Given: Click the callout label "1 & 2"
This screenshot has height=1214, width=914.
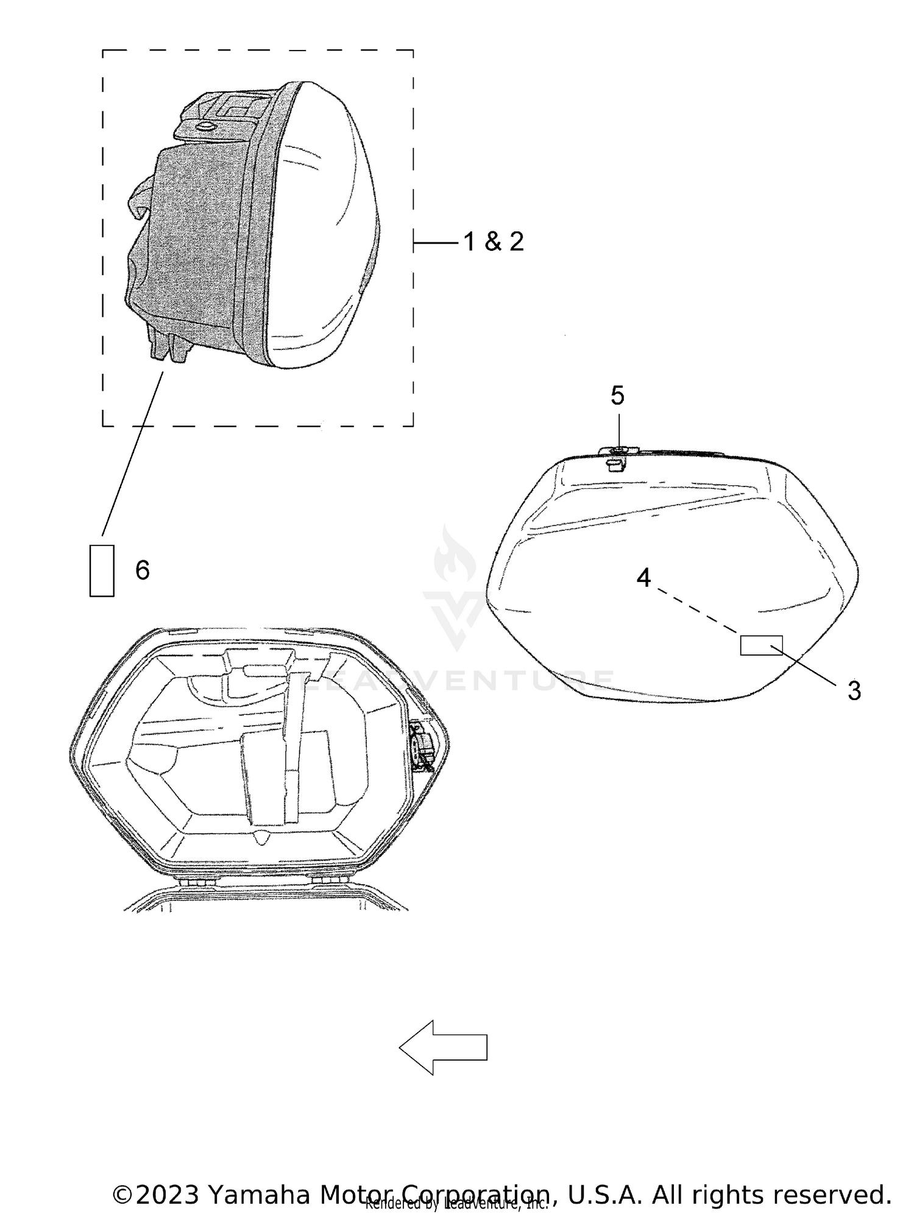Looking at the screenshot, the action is coord(493,242).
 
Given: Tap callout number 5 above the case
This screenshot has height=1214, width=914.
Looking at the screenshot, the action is coord(617,396).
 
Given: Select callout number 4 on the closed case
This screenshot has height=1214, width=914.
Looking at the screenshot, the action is coord(643,577).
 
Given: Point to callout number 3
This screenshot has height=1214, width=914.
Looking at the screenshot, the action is coord(854,691).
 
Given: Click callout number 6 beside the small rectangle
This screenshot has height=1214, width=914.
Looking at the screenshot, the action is coord(142,570).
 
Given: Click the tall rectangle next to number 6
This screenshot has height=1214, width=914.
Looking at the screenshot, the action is coord(102,570).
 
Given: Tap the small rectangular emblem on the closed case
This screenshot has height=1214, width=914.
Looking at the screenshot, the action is coord(761,645).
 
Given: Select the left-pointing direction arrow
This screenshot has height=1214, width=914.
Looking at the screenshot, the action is coord(443,1047).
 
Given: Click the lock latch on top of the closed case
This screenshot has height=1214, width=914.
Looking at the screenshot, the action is coord(617,457).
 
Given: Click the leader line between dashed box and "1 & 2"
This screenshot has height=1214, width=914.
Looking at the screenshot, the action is coord(436,244).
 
